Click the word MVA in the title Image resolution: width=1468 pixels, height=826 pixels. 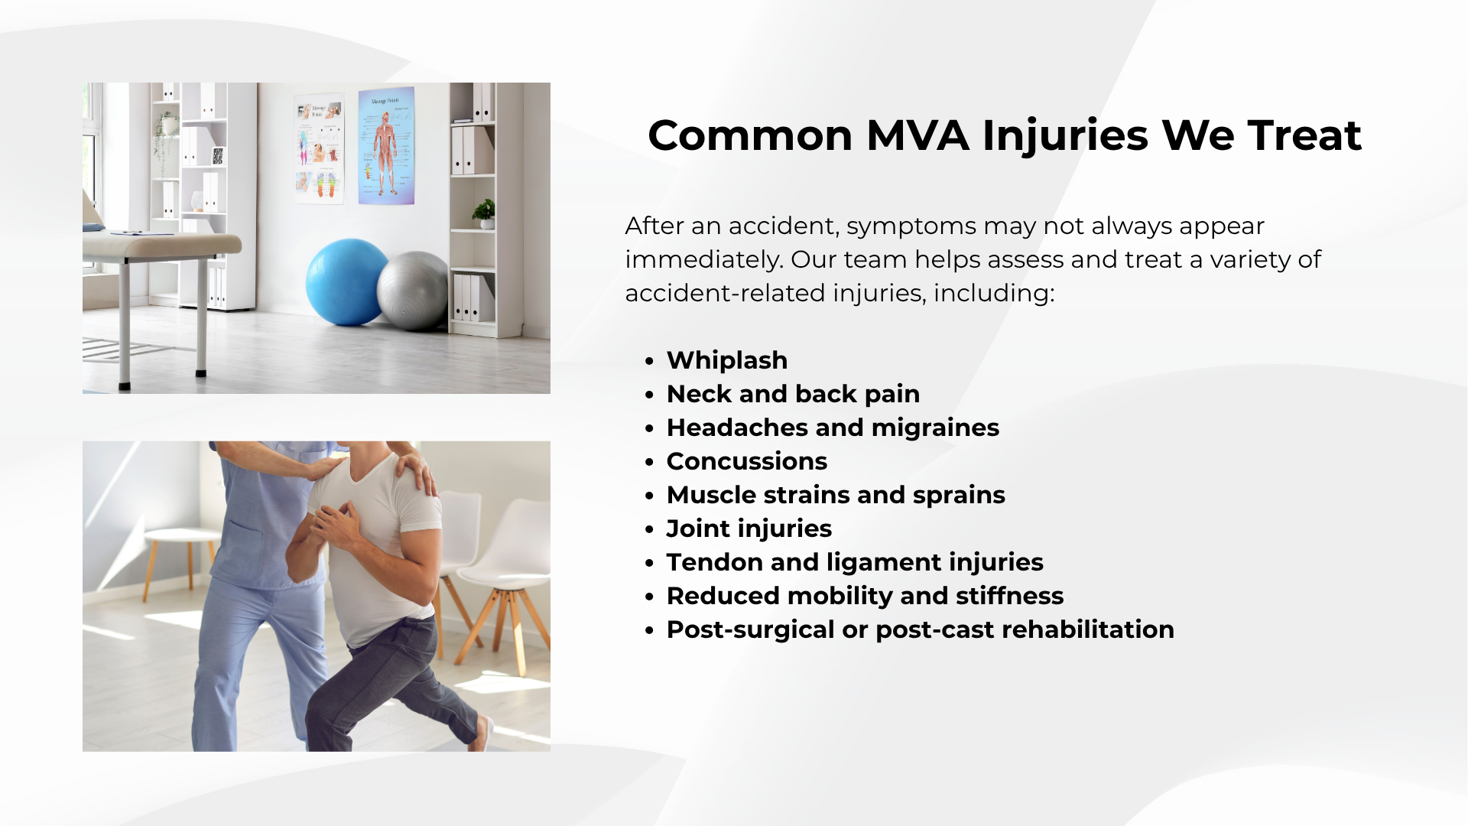coord(917,135)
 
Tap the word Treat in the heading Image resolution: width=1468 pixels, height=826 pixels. coord(1305,135)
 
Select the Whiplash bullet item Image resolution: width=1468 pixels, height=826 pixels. coord(727,360)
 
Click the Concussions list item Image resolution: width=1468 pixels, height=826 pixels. coord(747,461)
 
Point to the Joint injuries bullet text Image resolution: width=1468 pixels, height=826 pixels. coord(749,528)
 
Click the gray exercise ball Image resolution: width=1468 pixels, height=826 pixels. coord(414,291)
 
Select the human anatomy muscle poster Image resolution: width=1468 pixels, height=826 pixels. coord(386,145)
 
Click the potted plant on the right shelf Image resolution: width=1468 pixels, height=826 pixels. coord(485,213)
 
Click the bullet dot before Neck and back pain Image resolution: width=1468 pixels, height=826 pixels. coord(649,395)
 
